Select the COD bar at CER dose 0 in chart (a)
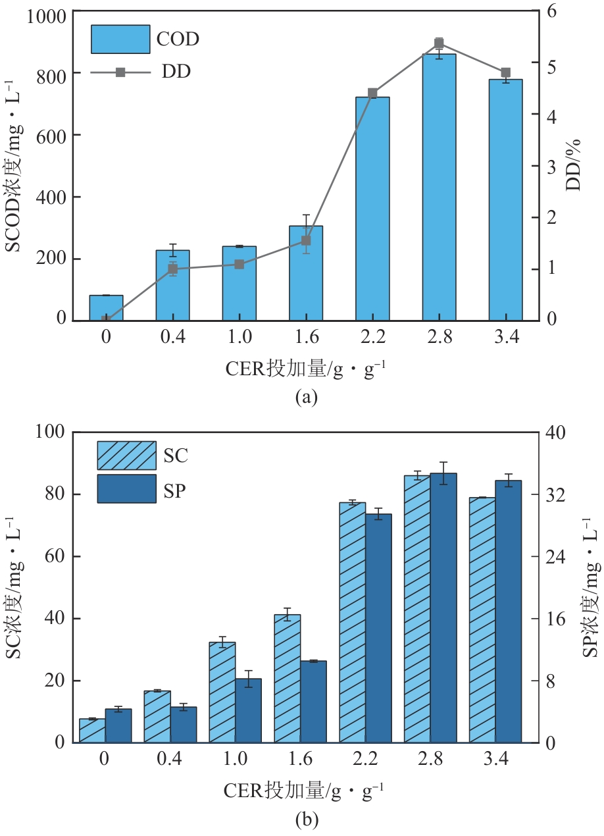pos(106,308)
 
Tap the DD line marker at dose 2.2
pos(372,93)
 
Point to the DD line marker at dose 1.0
pos(239,265)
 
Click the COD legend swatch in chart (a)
pos(120,39)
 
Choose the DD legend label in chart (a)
pos(176,72)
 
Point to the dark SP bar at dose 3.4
pos(508,612)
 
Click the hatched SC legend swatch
pos(126,455)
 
